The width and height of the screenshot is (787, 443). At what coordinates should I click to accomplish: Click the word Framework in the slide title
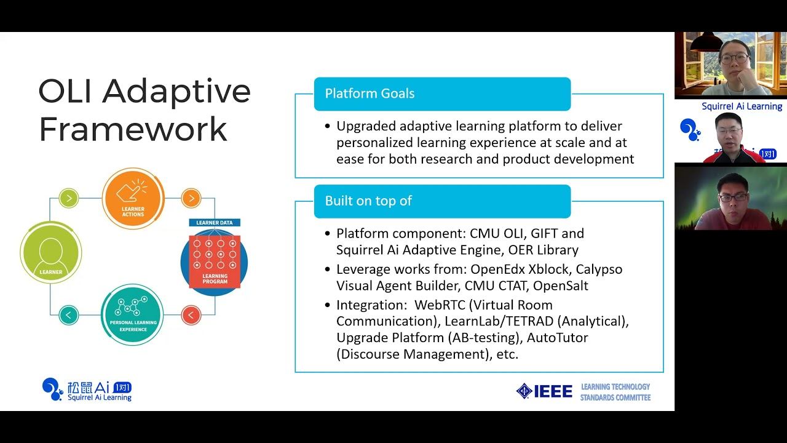tap(133, 129)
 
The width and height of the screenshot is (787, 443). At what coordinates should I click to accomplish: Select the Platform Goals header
tap(370, 94)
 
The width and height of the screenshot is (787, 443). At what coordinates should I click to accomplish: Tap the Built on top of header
tap(368, 201)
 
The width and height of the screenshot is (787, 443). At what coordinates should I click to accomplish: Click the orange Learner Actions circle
tap(133, 198)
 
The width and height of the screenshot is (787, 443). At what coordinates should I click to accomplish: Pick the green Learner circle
tap(50, 253)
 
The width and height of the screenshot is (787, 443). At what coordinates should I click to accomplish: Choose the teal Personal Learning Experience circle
tap(133, 314)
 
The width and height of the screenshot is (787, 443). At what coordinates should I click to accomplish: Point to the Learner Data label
tap(214, 222)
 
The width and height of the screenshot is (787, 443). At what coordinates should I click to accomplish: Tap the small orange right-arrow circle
tap(191, 198)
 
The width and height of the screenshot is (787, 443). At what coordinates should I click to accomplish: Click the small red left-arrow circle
tap(191, 315)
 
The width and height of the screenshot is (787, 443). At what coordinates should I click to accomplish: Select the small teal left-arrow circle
tap(69, 315)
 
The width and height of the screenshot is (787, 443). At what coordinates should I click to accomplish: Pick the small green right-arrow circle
tap(69, 198)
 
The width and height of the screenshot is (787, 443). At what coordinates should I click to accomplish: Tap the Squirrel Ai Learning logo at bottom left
tap(87, 389)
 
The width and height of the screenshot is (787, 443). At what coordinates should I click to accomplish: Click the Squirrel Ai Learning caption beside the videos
tap(742, 106)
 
